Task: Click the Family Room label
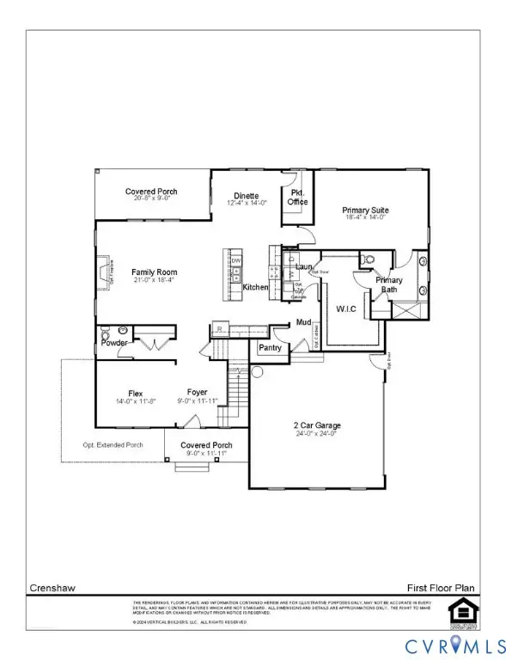pyautogui.click(x=154, y=272)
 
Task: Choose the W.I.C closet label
pyautogui.click(x=345, y=309)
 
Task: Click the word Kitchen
pyautogui.click(x=256, y=287)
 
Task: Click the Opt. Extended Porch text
pyautogui.click(x=113, y=444)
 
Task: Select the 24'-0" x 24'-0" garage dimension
pyautogui.click(x=315, y=434)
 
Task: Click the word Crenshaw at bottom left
pyautogui.click(x=48, y=588)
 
